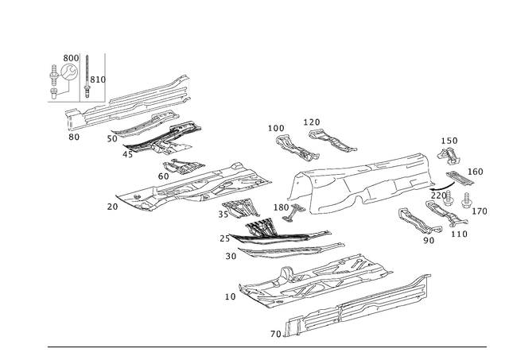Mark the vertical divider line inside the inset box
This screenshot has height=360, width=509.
84,75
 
